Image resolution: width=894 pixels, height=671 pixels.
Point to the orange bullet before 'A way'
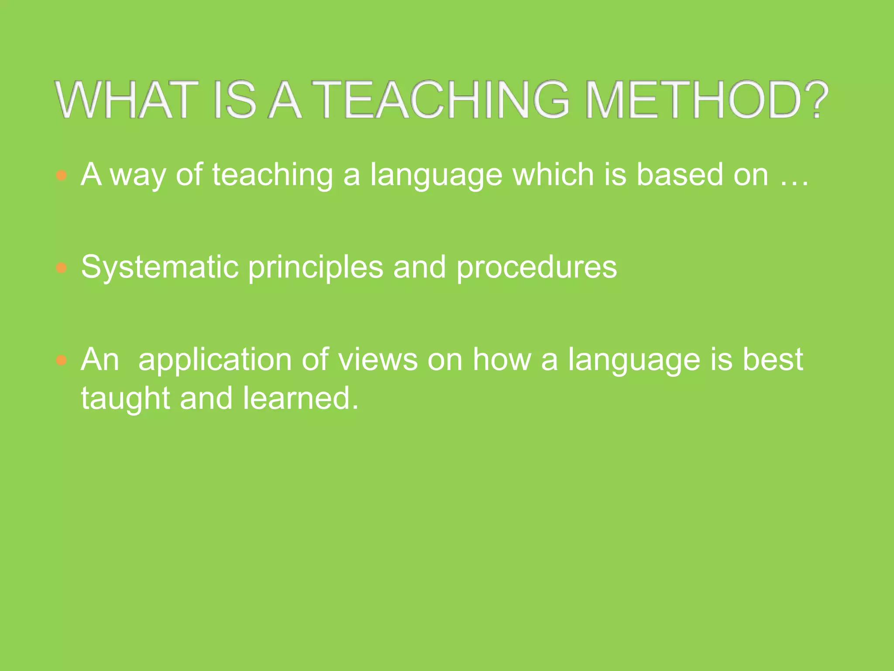[x=62, y=176]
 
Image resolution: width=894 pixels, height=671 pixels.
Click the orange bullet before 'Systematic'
[x=62, y=268]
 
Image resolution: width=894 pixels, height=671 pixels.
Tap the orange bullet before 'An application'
[x=62, y=360]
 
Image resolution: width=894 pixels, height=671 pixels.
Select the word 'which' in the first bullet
[x=554, y=175]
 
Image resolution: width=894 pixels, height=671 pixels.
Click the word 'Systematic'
[x=160, y=267]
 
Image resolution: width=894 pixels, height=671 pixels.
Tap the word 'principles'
[x=315, y=267]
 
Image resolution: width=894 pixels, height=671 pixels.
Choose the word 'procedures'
[x=536, y=267]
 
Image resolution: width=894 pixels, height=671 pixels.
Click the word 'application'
[x=214, y=360]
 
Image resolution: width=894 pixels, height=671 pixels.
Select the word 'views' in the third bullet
[x=378, y=360]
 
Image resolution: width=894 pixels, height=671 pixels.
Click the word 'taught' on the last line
[x=125, y=398]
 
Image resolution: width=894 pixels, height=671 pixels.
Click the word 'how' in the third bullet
[x=502, y=360]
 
